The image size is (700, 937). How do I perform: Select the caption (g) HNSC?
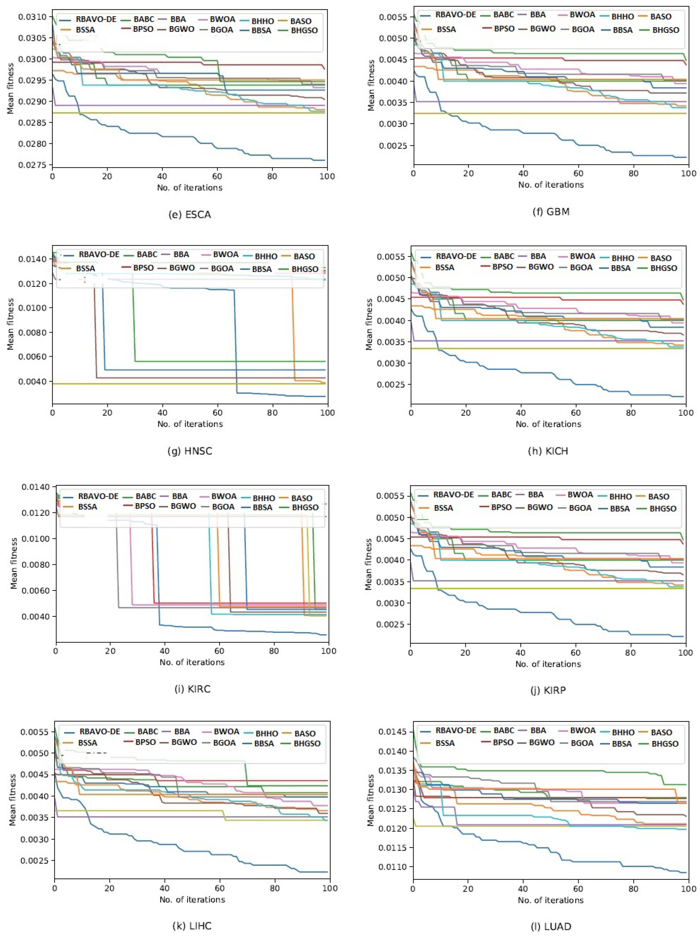pyautogui.click(x=190, y=451)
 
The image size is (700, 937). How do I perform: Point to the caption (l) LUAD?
pyautogui.click(x=551, y=926)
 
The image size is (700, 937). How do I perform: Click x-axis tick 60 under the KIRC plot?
pyautogui.click(x=219, y=651)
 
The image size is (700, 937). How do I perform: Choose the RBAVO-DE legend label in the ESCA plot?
pyautogui.click(x=96, y=19)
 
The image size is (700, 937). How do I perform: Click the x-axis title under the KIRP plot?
pyautogui.click(x=548, y=664)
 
